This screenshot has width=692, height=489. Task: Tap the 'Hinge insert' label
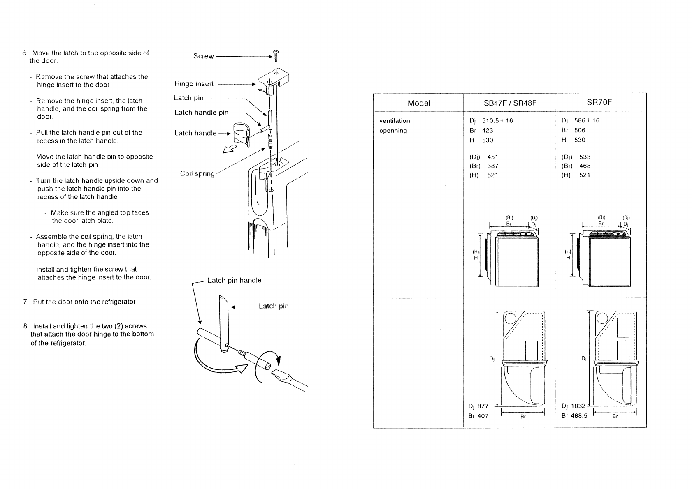click(194, 83)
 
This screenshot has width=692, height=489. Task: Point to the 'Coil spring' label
click(197, 173)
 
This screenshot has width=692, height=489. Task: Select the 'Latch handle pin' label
click(201, 112)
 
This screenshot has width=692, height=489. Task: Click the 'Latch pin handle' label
click(234, 280)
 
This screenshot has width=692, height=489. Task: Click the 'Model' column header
click(418, 103)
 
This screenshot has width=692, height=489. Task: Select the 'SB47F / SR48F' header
click(510, 103)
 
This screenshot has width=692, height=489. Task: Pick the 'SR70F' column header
click(599, 102)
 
